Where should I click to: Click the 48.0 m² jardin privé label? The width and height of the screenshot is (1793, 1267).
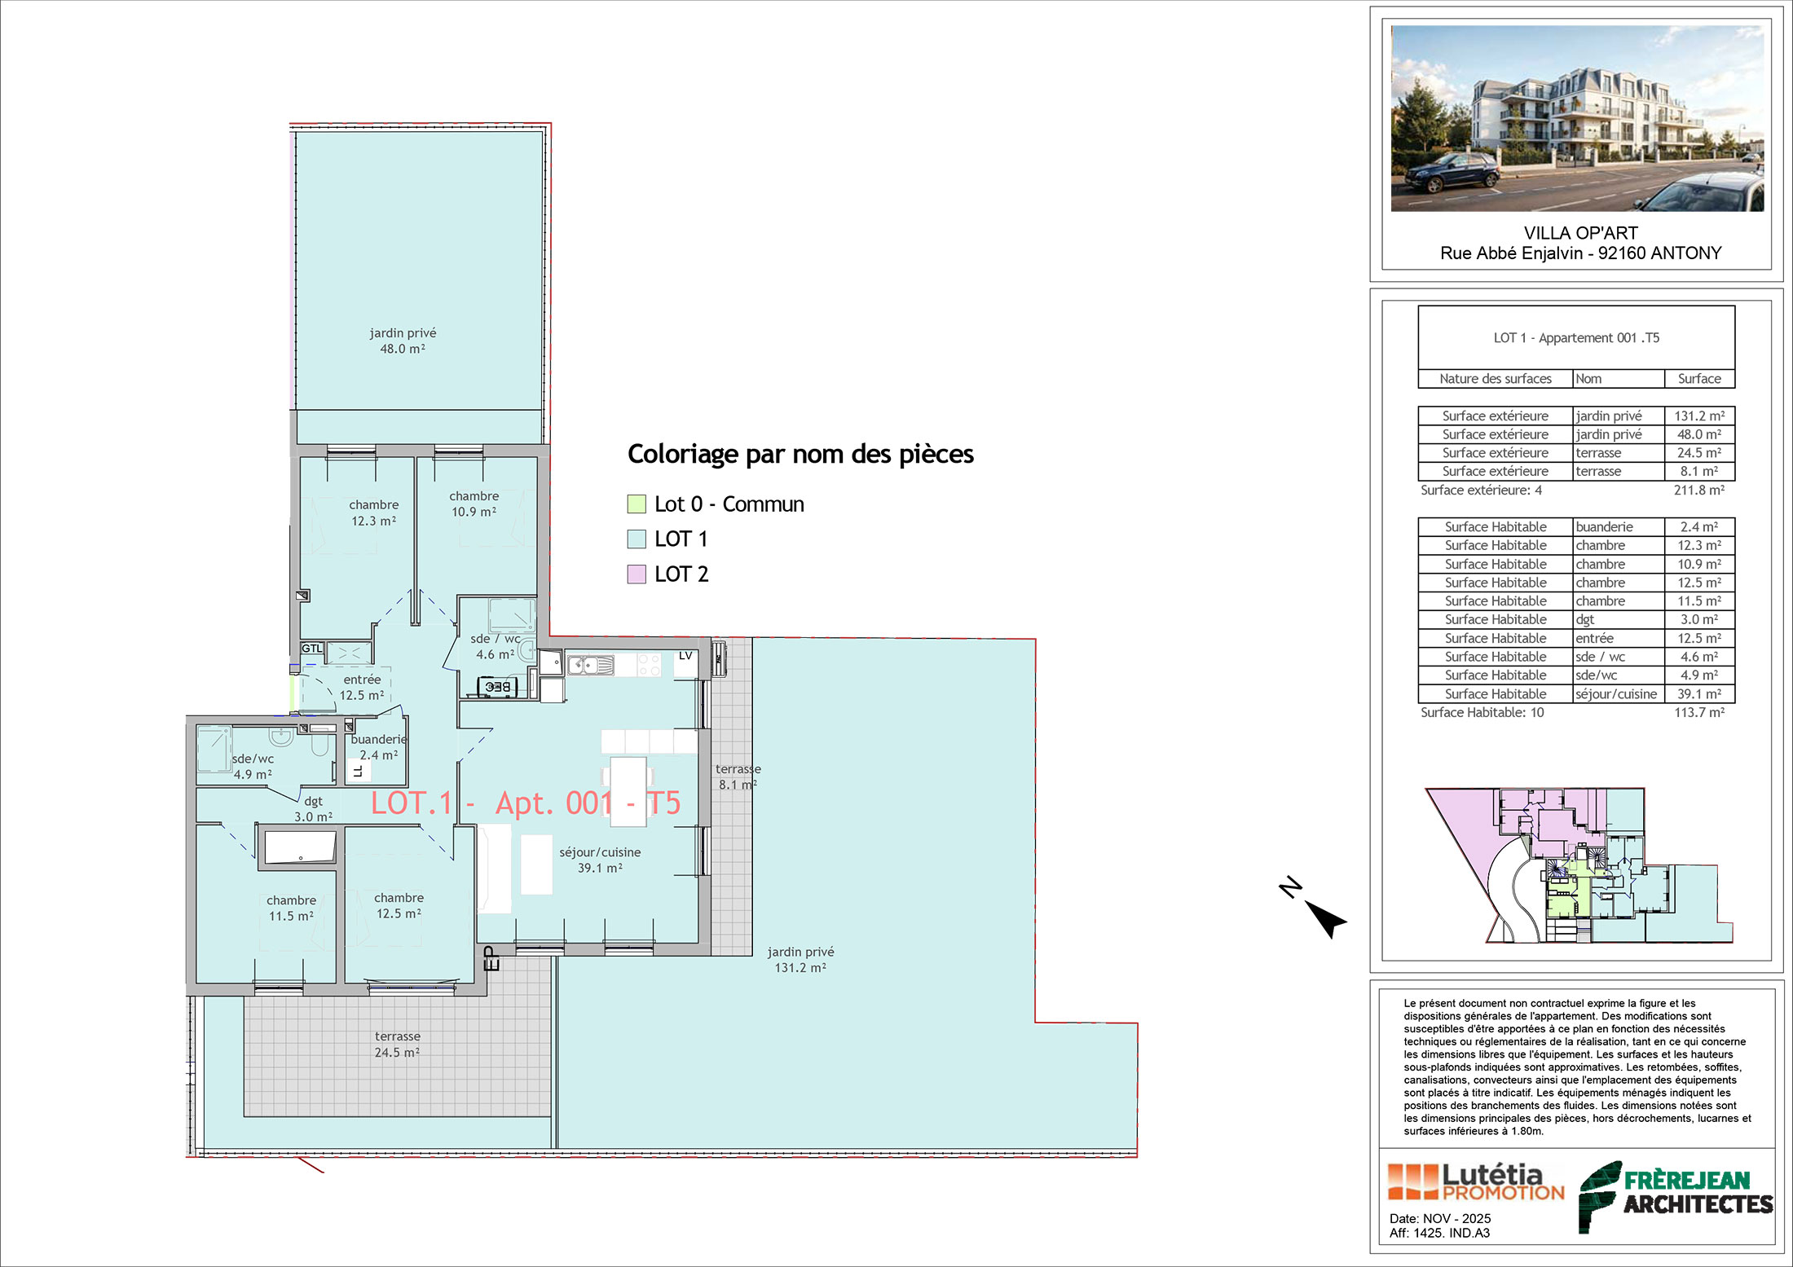pyautogui.click(x=403, y=341)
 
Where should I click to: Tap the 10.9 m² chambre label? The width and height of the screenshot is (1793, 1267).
pyautogui.click(x=474, y=504)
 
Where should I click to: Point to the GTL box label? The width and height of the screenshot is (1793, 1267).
pyautogui.click(x=312, y=649)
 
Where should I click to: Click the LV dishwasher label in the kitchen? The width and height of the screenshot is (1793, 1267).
pyautogui.click(x=685, y=656)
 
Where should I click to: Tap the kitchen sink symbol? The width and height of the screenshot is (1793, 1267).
pyautogui.click(x=591, y=666)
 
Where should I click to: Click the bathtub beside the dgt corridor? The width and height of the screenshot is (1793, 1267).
pyautogui.click(x=300, y=847)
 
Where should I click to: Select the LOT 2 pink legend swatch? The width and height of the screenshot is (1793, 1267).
pyautogui.click(x=637, y=574)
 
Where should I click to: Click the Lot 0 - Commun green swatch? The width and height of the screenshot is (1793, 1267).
pyautogui.click(x=637, y=504)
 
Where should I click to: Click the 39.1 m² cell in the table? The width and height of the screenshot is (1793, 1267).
pyautogui.click(x=1699, y=694)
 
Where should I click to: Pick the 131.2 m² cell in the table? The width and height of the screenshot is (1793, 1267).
pyautogui.click(x=1699, y=416)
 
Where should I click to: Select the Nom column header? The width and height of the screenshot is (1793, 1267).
pyautogui.click(x=1588, y=379)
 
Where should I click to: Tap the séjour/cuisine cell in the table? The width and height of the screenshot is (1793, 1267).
pyautogui.click(x=1616, y=694)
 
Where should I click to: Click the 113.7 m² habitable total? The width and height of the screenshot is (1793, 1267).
pyautogui.click(x=1699, y=712)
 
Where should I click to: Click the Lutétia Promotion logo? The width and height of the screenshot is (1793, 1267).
pyautogui.click(x=1476, y=1181)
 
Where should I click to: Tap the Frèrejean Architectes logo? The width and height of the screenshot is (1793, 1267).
pyautogui.click(x=1676, y=1195)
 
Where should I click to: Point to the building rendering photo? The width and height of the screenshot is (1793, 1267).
pyautogui.click(x=1577, y=118)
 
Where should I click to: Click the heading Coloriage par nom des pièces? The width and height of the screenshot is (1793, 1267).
pyautogui.click(x=800, y=454)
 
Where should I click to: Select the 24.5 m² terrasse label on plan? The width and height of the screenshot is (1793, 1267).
pyautogui.click(x=398, y=1045)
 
